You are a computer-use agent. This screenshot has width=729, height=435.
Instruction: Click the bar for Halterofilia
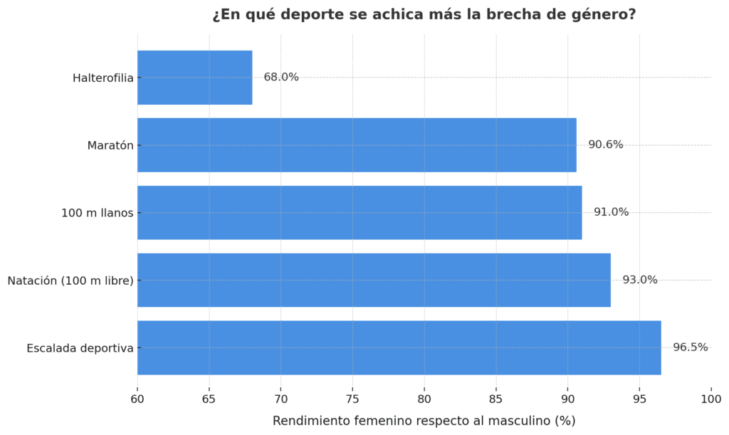pyautogui.click(x=194, y=78)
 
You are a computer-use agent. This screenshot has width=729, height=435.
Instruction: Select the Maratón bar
pyautogui.click(x=357, y=145)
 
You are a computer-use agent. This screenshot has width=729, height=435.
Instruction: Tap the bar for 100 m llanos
pyautogui.click(x=360, y=212)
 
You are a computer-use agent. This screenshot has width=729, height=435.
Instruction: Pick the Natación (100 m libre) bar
pyautogui.click(x=374, y=280)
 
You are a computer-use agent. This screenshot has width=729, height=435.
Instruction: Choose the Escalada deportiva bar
pyautogui.click(x=399, y=347)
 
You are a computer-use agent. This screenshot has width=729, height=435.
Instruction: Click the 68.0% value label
pyautogui.click(x=281, y=78)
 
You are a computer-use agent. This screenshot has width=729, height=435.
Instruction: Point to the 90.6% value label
pyautogui.click(x=605, y=145)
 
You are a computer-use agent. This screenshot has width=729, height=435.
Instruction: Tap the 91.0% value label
pyautogui.click(x=611, y=212)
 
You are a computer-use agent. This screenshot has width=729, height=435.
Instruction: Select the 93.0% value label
pyautogui.click(x=640, y=280)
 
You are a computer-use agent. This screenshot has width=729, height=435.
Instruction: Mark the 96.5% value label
pyautogui.click(x=690, y=347)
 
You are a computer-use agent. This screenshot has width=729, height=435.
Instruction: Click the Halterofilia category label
pyautogui.click(x=103, y=78)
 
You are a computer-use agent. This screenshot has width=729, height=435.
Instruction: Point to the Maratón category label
pyautogui.click(x=110, y=146)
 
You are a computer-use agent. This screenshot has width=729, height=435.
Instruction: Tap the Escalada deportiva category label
pyautogui.click(x=80, y=348)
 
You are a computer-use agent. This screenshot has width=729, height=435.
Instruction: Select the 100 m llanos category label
pyautogui.click(x=98, y=213)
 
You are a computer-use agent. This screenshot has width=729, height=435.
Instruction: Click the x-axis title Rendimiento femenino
pyautogui.click(x=424, y=421)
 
